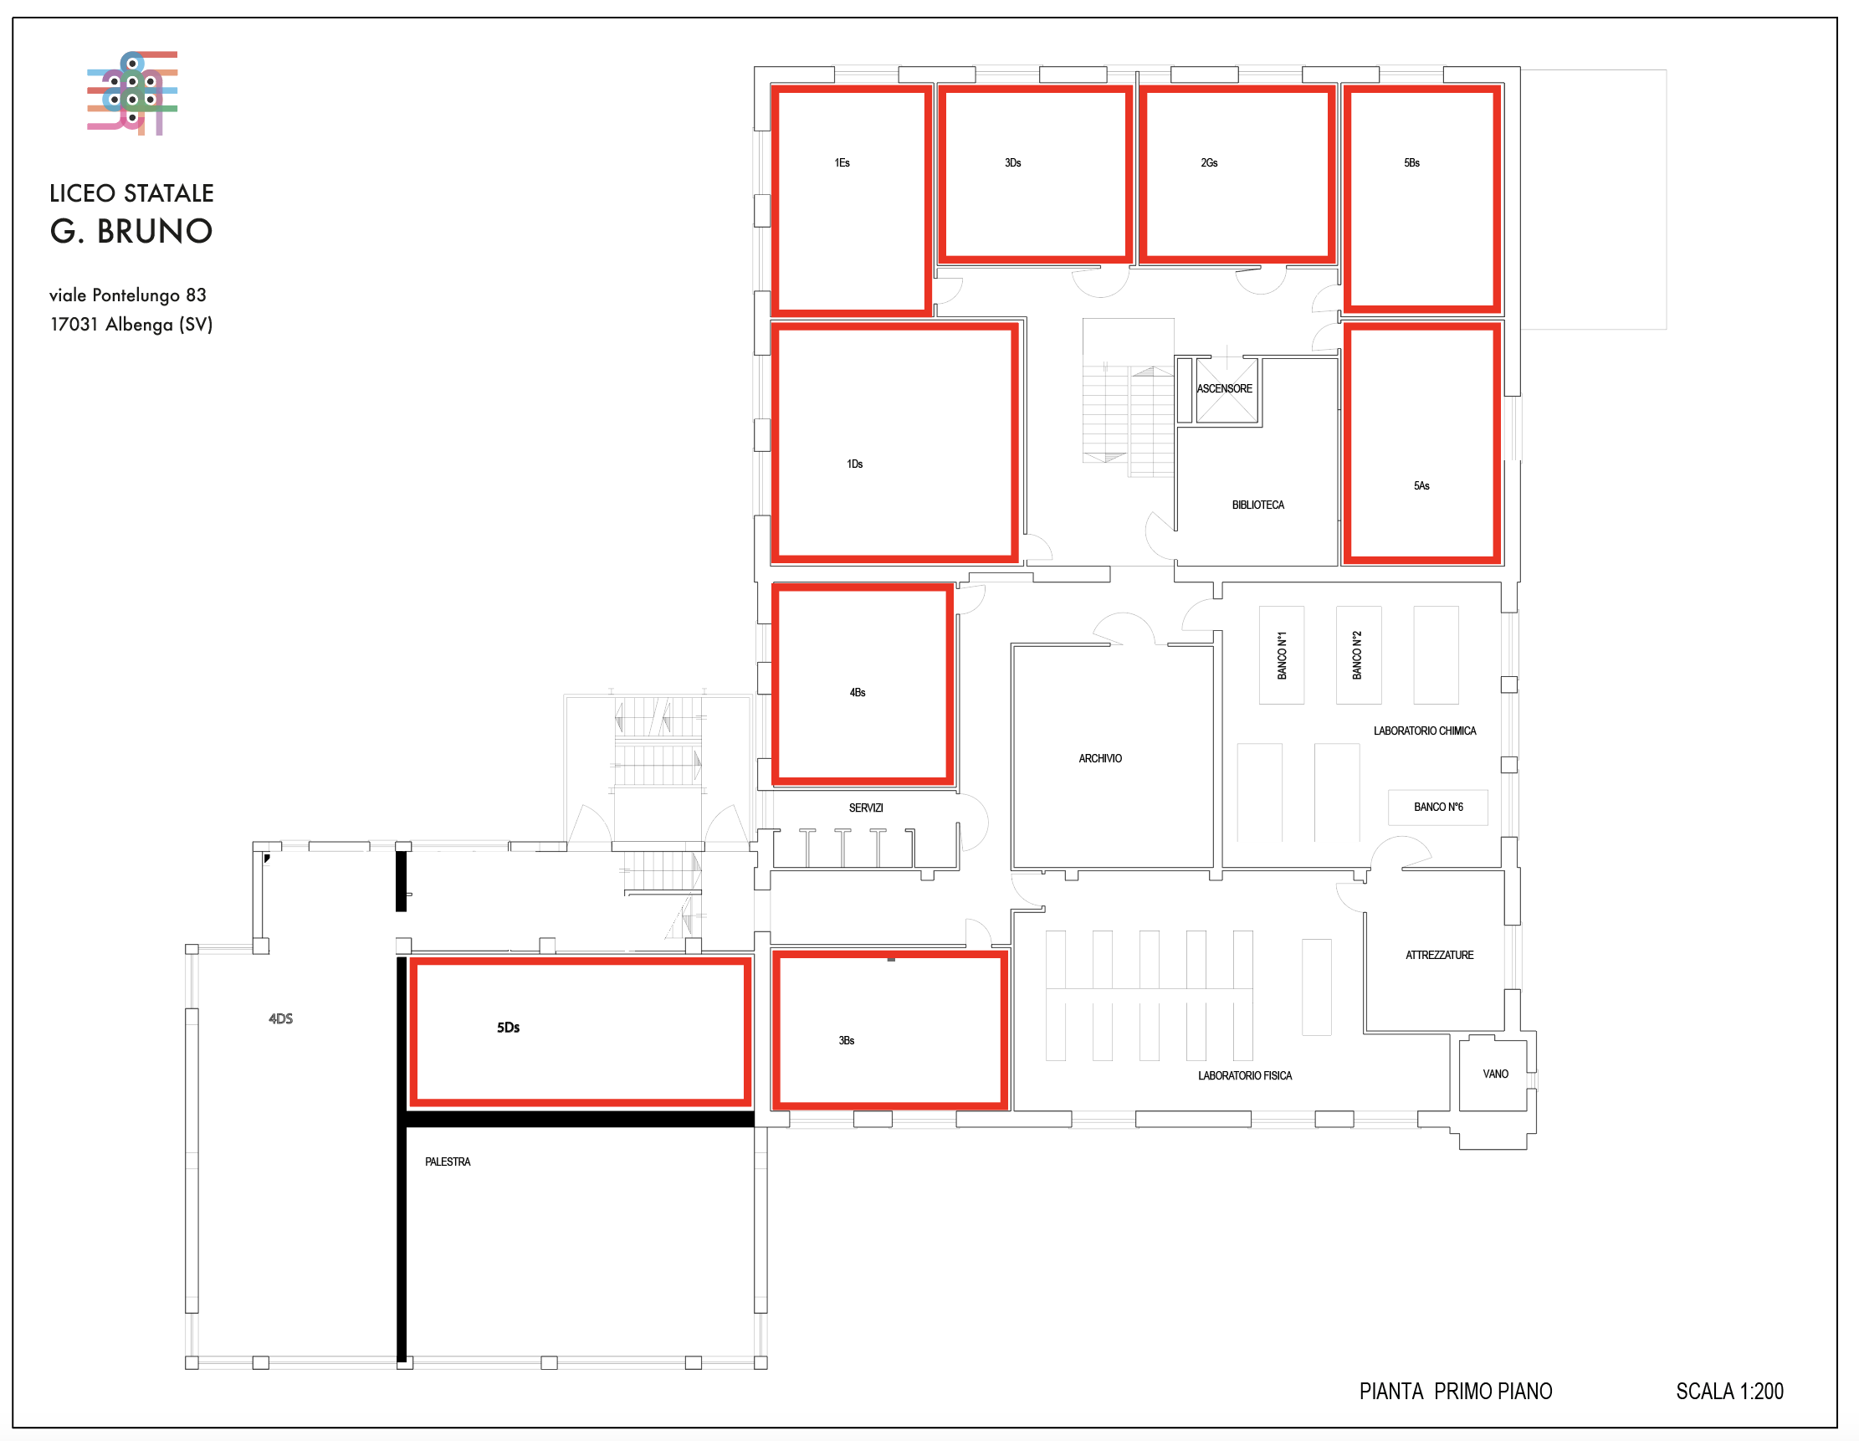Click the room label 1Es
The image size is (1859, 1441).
[842, 162]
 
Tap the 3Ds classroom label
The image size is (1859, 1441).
[1012, 162]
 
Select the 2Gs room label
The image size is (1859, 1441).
[1209, 162]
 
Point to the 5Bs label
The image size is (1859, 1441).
[1411, 162]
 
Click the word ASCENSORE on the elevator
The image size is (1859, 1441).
[1224, 388]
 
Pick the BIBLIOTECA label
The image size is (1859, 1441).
[1258, 505]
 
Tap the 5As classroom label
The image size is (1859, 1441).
[1421, 485]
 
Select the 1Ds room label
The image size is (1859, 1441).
[854, 464]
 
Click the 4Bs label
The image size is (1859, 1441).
[858, 692]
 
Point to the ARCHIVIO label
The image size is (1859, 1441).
[1099, 758]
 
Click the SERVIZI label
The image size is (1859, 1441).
[866, 808]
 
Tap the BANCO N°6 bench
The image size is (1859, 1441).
[1437, 807]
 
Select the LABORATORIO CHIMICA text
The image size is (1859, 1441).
[1425, 731]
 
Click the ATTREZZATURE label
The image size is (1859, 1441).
[1439, 955]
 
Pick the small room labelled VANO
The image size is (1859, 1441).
[1493, 1074]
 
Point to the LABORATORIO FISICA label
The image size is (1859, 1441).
[1244, 1076]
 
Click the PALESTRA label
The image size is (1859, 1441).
[448, 1162]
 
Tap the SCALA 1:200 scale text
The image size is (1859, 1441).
[1729, 1391]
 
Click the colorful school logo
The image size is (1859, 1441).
[132, 93]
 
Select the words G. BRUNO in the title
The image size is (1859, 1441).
[131, 231]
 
